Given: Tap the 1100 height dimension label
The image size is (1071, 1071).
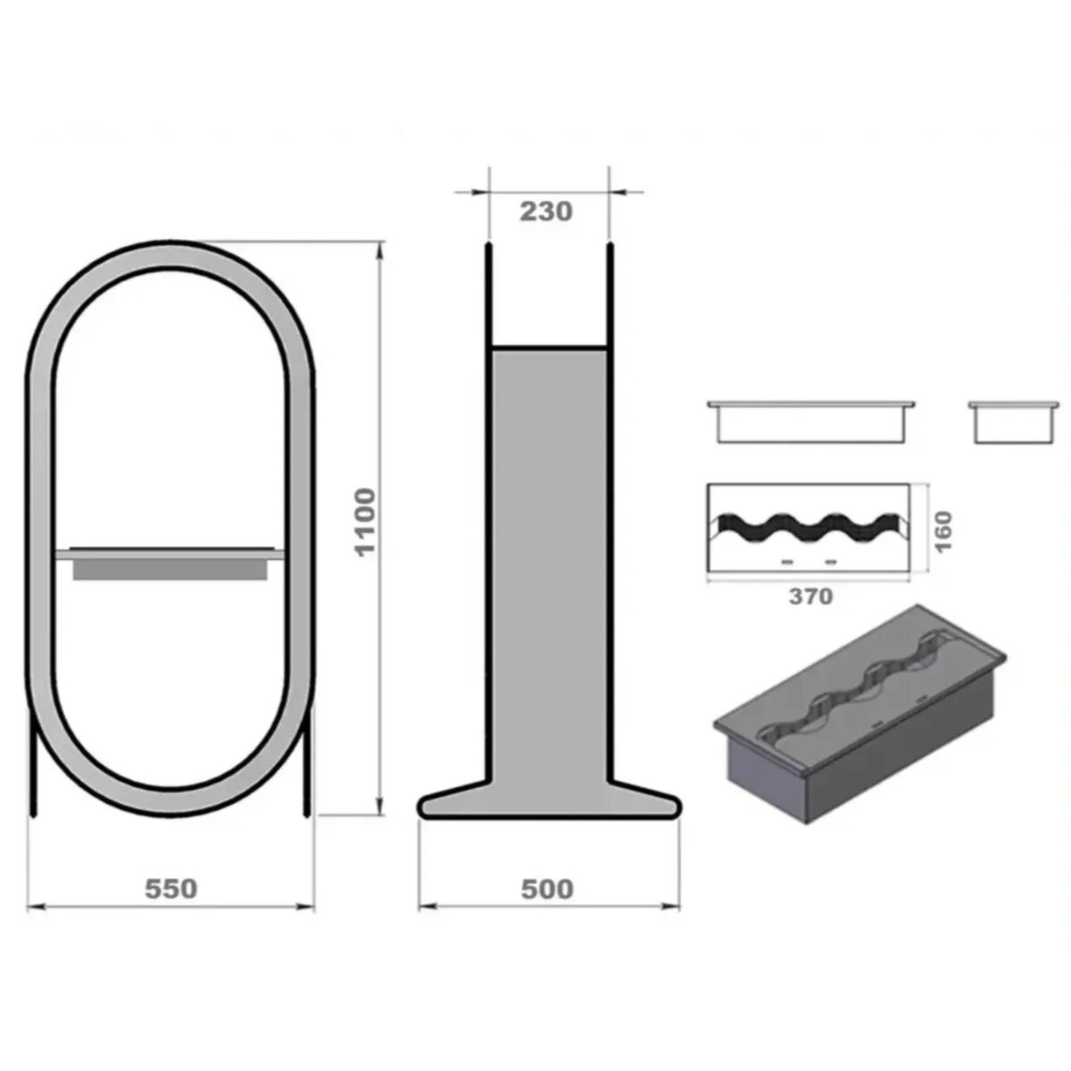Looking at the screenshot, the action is pos(365,521).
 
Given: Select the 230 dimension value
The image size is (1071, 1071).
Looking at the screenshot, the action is pos(546,212).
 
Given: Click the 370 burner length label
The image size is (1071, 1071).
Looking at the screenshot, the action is pos(811,596).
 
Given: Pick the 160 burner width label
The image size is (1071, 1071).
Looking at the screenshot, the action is pos(943,532).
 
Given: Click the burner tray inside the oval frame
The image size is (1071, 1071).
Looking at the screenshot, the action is pos(170,563).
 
